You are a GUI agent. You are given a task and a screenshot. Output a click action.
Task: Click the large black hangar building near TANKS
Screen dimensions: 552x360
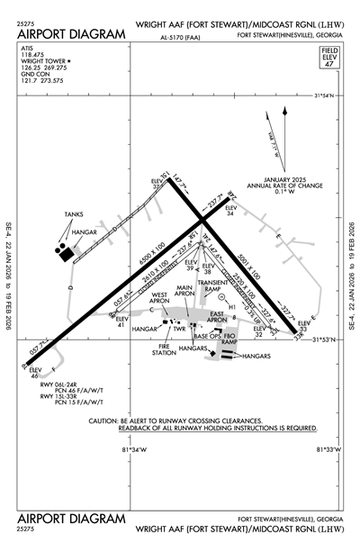click(x=67, y=255)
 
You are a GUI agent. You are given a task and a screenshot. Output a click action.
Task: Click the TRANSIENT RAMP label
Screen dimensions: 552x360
click(x=213, y=286)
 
